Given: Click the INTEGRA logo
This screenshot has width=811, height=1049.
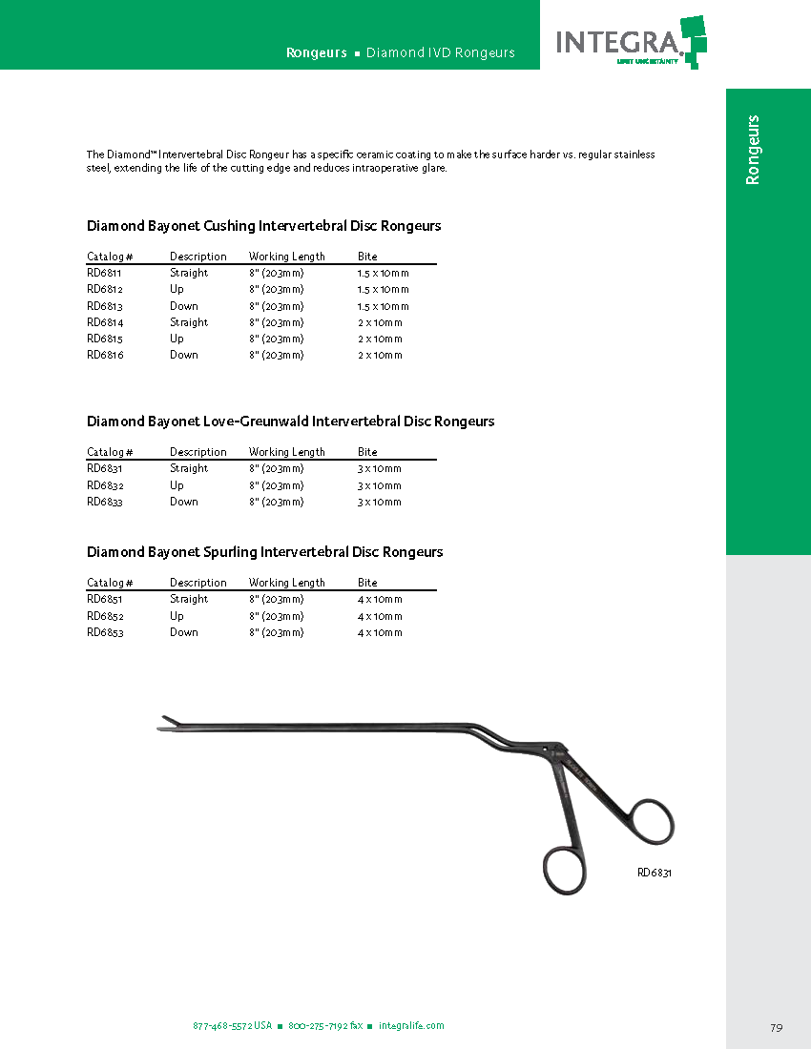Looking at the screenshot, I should pyautogui.click(x=630, y=41).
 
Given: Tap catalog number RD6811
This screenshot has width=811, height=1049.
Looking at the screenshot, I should pyautogui.click(x=104, y=273).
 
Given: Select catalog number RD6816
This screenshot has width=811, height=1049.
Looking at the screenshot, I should pyautogui.click(x=104, y=355).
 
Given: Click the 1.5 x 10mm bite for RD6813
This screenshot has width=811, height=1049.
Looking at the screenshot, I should pyautogui.click(x=383, y=306).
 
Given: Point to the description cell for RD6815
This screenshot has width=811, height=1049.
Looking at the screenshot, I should pyautogui.click(x=177, y=339).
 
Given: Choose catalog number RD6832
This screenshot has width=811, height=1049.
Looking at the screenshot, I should pyautogui.click(x=104, y=485).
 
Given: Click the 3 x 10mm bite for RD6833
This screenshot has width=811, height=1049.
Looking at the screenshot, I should pyautogui.click(x=380, y=502).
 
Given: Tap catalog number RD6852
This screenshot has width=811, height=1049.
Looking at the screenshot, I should pyautogui.click(x=104, y=616).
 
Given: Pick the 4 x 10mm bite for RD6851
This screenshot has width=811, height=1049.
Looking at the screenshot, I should pyautogui.click(x=380, y=600).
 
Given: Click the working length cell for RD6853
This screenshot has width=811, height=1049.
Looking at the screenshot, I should pyautogui.click(x=276, y=632).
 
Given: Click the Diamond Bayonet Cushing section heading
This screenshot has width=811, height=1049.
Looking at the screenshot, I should pyautogui.click(x=263, y=226).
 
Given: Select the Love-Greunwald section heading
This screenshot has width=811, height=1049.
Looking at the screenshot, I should pyautogui.click(x=290, y=421).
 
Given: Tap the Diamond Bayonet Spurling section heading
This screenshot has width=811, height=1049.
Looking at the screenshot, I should pyautogui.click(x=264, y=552).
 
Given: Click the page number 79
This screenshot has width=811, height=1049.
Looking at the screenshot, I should pyautogui.click(x=776, y=1027).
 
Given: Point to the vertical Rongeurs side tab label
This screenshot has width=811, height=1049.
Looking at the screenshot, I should pyautogui.click(x=753, y=150).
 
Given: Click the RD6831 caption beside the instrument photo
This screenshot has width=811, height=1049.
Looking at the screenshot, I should pyautogui.click(x=655, y=873).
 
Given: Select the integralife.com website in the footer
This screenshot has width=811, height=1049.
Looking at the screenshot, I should pyautogui.click(x=411, y=1026).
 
